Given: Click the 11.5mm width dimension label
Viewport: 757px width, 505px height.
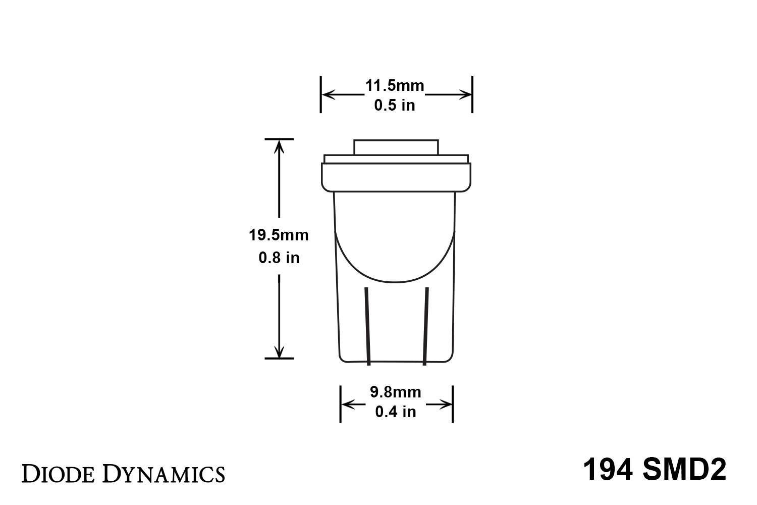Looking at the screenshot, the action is pos(394,85).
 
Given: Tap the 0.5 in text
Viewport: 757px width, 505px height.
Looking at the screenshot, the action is pos(394,105).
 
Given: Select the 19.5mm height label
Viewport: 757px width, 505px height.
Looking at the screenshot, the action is pos(279,235).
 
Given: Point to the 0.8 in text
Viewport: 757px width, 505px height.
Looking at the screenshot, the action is pos(279,258).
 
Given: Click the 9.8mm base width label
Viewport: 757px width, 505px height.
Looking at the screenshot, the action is pos(395,392).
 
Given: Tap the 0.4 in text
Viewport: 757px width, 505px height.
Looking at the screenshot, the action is pos(395,412).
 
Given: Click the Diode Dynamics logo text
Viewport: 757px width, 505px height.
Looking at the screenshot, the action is pos(123,474).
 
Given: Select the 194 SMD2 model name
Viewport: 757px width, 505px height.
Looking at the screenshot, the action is pos(655,470).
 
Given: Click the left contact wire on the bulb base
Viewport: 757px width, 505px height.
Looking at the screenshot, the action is pos(367,326).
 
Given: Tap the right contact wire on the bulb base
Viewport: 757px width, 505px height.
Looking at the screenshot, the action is pos(426,326).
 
